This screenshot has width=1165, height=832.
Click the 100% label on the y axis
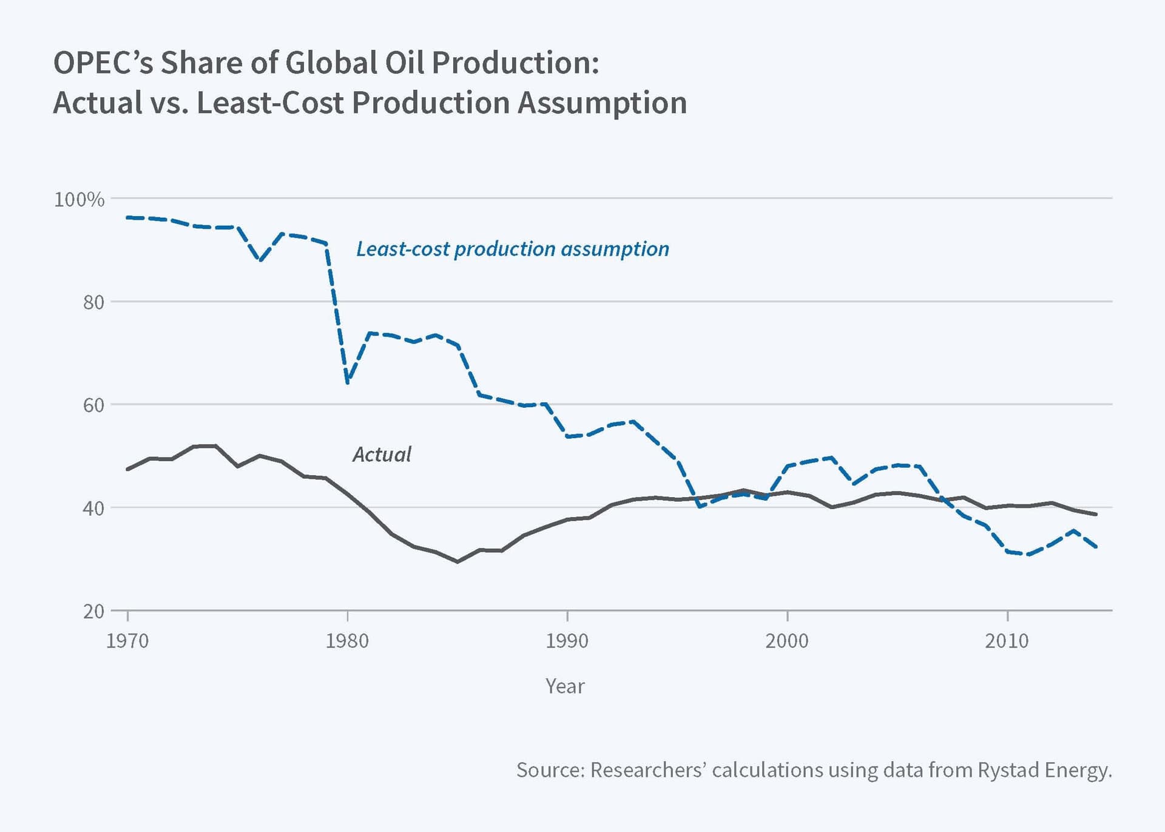tap(79, 200)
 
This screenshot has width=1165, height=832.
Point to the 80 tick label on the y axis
tap(93, 302)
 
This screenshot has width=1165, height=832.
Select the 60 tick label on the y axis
tap(93, 405)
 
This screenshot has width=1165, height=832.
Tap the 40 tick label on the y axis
tap(93, 509)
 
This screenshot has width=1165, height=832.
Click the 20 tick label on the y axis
tap(93, 611)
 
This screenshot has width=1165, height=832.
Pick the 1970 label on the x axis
tap(127, 641)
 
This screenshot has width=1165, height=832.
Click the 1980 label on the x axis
tap(347, 641)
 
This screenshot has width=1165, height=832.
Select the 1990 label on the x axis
tap(567, 641)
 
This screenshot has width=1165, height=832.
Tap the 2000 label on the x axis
tap(787, 641)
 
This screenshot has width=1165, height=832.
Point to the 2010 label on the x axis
tap(1007, 641)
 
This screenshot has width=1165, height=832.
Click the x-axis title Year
tap(565, 686)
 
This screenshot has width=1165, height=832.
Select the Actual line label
tap(382, 455)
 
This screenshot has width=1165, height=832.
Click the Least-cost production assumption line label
tap(512, 249)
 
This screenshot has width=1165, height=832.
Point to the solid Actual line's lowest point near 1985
tap(458, 562)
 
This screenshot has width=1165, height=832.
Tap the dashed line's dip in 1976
tap(260, 260)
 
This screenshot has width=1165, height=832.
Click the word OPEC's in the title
tap(103, 63)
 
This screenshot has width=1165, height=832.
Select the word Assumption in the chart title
tap(602, 103)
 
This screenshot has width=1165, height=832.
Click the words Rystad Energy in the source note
tap(1044, 770)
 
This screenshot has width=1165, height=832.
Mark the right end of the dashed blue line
tap(1096, 547)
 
